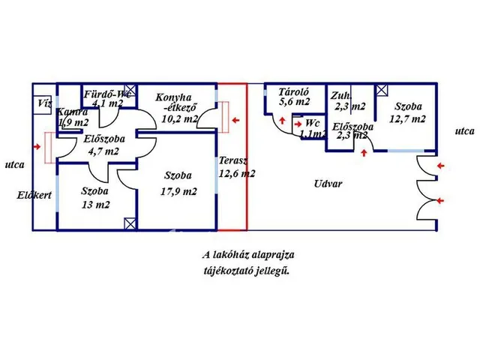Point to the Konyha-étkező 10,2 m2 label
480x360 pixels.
(x=178, y=108)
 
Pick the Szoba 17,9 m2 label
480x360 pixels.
(x=180, y=184)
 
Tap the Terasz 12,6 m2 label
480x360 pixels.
(x=237, y=167)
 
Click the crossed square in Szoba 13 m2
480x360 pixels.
(x=131, y=223)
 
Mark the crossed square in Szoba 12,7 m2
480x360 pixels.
(x=382, y=90)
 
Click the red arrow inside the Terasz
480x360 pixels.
(x=237, y=119)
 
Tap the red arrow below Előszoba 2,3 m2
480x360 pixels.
(x=364, y=153)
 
